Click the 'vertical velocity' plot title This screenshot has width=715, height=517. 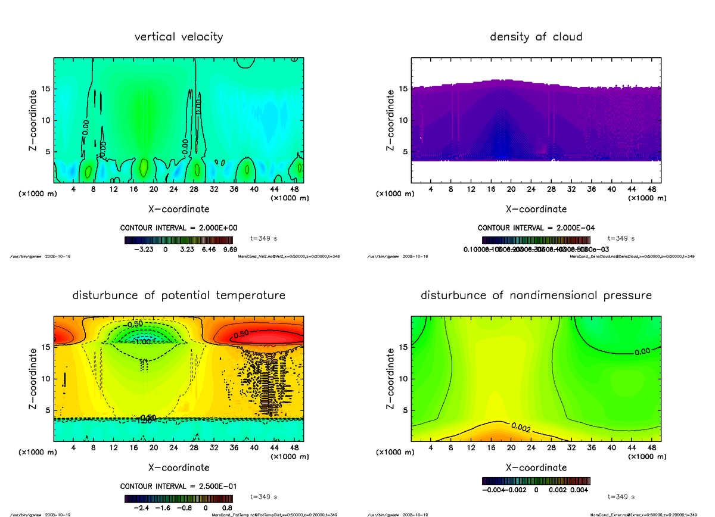pyautogui.click(x=179, y=37)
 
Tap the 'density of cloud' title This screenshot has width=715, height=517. pyautogui.click(x=536, y=37)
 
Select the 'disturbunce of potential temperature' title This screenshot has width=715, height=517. pyautogui.click(x=179, y=295)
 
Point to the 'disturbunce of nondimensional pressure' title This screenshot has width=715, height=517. pyautogui.click(x=536, y=295)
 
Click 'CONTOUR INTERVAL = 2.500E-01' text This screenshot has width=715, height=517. pyautogui.click(x=178, y=486)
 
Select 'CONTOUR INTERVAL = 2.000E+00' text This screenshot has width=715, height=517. pyautogui.click(x=178, y=228)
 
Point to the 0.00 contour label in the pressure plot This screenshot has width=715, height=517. pyautogui.click(x=642, y=351)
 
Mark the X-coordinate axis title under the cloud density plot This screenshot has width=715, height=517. pyautogui.click(x=536, y=209)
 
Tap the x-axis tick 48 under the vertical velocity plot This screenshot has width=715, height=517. pyautogui.click(x=294, y=189)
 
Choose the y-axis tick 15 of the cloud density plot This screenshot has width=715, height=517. pyautogui.click(x=403, y=89)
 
